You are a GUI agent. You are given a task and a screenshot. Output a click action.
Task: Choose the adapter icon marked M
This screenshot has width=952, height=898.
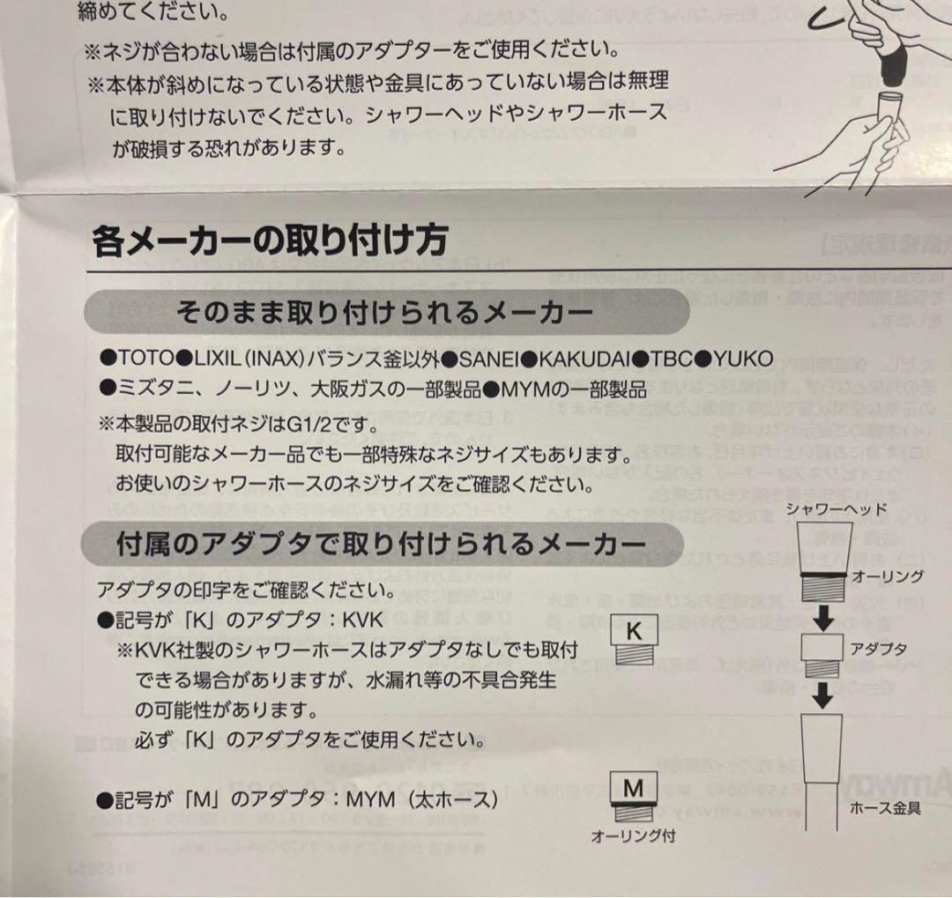pyautogui.click(x=634, y=797)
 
